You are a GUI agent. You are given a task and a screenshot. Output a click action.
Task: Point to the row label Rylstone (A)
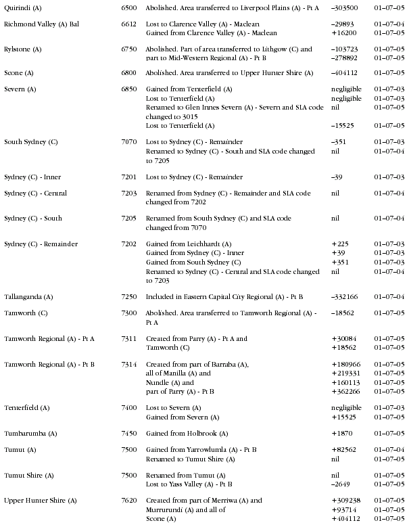[x=23, y=49]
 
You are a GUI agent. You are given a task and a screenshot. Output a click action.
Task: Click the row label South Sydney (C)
[x=30, y=142]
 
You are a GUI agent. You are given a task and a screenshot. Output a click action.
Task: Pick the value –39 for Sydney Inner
[x=338, y=177]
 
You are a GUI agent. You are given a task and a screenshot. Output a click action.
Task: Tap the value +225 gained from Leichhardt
[x=339, y=244]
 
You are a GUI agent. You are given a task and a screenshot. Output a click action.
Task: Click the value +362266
[x=346, y=391]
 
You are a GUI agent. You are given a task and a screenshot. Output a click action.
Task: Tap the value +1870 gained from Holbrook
[x=342, y=433]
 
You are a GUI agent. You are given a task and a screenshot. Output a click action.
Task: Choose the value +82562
[x=344, y=449]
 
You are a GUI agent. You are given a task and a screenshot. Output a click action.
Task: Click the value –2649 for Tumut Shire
[x=342, y=484]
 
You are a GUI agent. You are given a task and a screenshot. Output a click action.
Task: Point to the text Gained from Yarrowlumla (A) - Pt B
[x=201, y=449]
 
